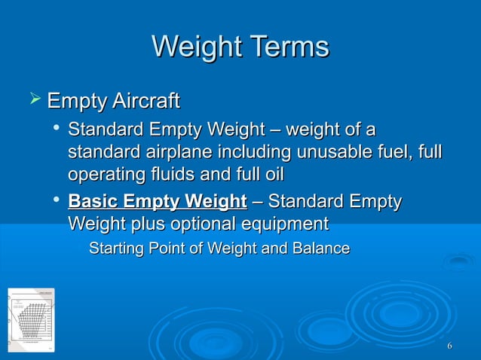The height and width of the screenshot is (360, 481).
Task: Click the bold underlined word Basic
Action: click(x=93, y=202)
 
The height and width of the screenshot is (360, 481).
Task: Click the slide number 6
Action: click(x=449, y=346)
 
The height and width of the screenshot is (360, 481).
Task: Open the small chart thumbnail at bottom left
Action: click(x=31, y=319)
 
